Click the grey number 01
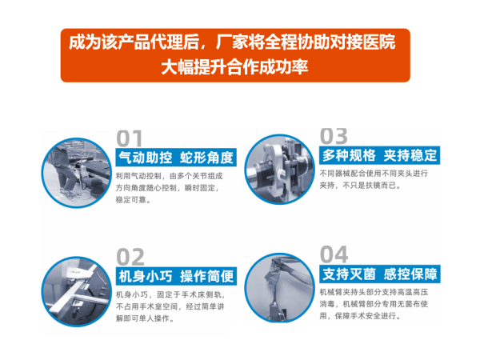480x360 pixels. click(x=130, y=138)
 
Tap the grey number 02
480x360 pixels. click(x=130, y=257)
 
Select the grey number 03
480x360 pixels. click(x=334, y=136)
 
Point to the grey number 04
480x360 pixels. click(x=334, y=254)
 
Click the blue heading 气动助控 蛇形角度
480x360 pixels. click(x=176, y=158)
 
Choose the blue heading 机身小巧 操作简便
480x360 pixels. click(x=176, y=276)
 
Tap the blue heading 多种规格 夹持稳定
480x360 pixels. click(x=379, y=155)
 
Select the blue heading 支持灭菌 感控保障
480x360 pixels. click(x=379, y=274)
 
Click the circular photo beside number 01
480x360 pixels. click(x=77, y=173)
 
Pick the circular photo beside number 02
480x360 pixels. click(x=77, y=291)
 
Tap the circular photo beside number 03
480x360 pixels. click(x=279, y=170)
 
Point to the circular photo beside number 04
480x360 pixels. click(x=279, y=288)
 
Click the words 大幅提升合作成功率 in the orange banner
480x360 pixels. click(x=234, y=67)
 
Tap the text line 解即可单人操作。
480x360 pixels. click(x=145, y=318)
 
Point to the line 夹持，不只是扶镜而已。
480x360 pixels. click(x=360, y=186)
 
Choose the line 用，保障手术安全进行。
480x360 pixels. click(x=360, y=316)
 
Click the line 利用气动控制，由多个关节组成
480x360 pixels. click(x=169, y=176)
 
